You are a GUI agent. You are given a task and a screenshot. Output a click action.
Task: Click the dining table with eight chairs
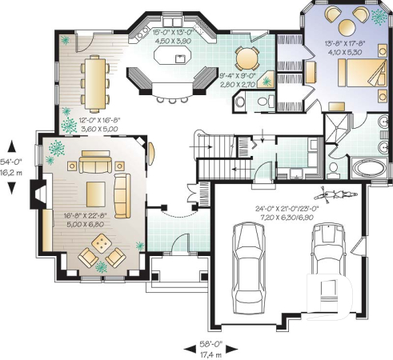pyautogui.click(x=94, y=83)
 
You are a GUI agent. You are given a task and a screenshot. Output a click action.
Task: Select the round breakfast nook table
pyautogui.click(x=247, y=58)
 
